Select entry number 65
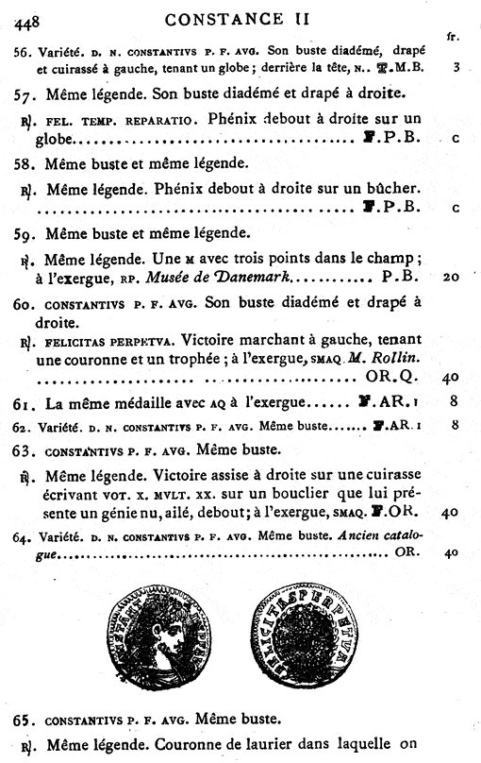coord(24,720)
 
